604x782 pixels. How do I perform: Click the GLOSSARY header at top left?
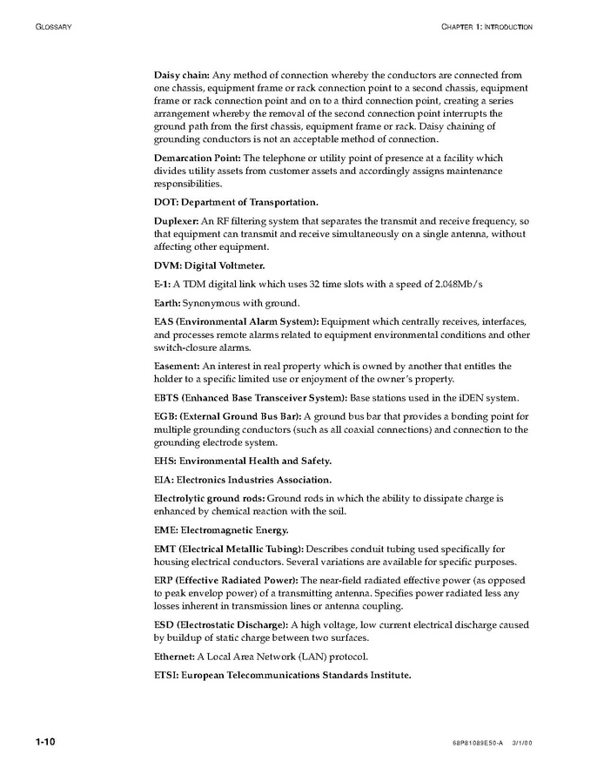coord(53,27)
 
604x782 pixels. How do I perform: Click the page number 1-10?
coord(45,742)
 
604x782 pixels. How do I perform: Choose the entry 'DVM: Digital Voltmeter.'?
coord(209,266)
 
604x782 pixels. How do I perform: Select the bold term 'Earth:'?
coord(167,303)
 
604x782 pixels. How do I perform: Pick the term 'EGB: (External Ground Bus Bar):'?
coord(227,417)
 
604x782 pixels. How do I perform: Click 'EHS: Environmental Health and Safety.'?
coord(243,461)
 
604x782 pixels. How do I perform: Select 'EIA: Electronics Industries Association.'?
coord(243,480)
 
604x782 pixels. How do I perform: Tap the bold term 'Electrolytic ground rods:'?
coord(209,499)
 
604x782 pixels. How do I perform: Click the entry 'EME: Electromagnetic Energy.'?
coord(221,529)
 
